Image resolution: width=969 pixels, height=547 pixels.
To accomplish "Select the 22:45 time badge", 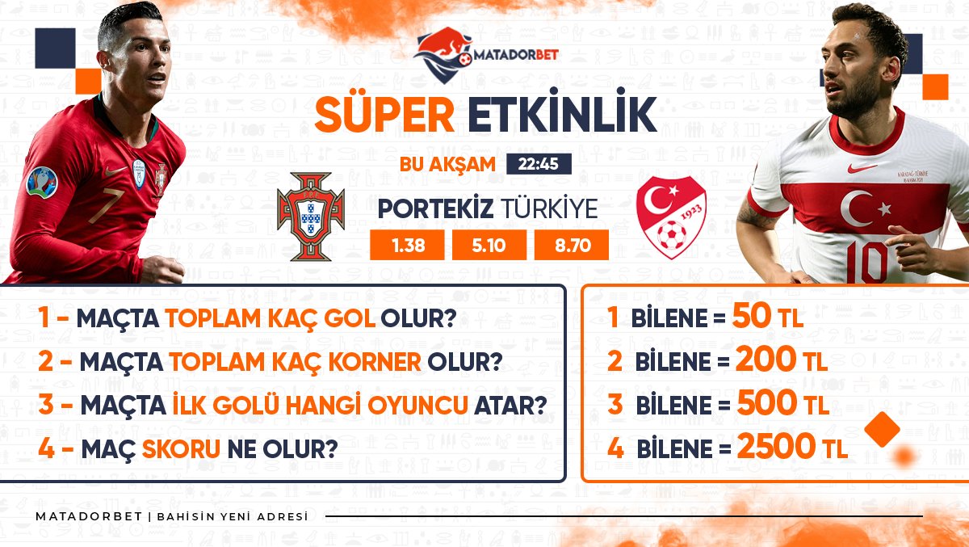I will [539, 164].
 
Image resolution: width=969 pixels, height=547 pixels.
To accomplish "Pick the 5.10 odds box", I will [489, 245].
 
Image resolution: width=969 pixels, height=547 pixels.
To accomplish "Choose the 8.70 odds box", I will [572, 245].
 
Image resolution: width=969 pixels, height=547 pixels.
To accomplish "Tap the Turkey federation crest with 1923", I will [671, 217].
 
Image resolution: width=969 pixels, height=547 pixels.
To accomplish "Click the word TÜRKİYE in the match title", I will [549, 208].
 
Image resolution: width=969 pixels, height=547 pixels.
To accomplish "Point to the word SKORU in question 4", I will [181, 448].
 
